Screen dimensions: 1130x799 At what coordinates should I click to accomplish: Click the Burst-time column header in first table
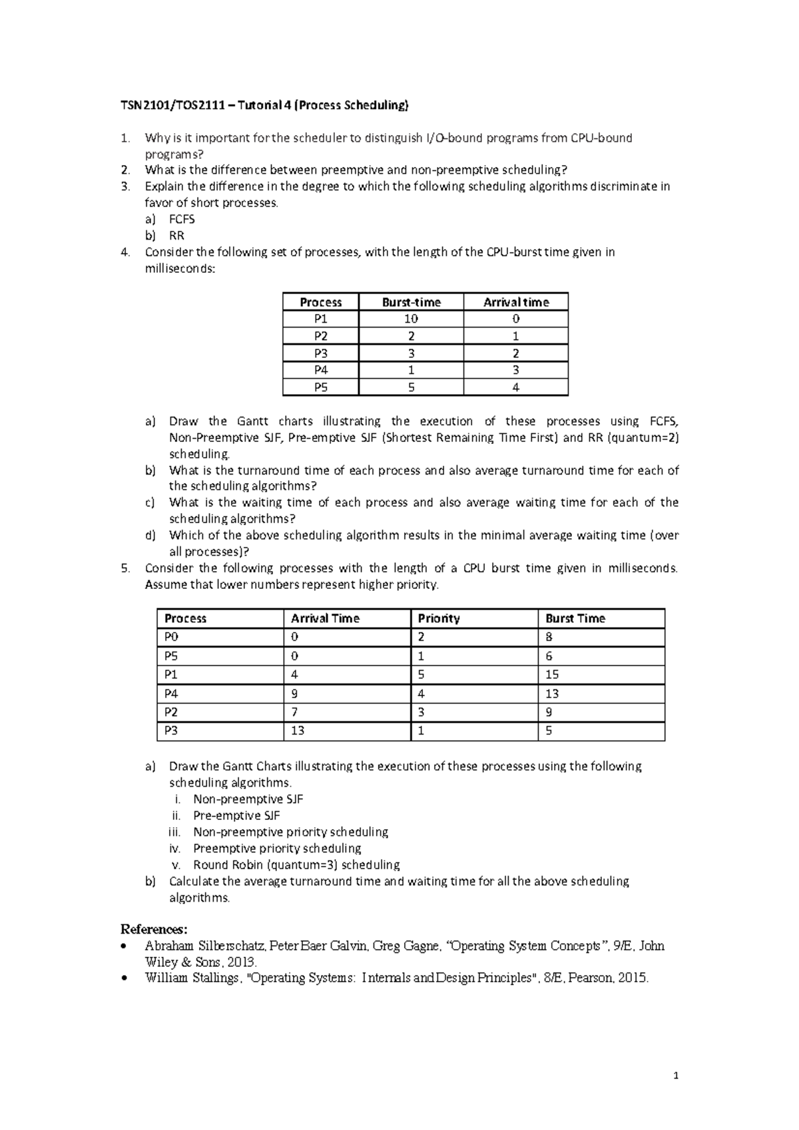[411, 302]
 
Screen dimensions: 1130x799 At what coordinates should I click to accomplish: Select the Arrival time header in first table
[516, 302]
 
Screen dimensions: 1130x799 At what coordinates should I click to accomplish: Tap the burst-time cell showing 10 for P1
[411, 319]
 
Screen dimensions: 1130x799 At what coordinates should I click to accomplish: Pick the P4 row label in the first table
[321, 370]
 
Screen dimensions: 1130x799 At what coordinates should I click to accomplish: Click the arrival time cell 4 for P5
[516, 387]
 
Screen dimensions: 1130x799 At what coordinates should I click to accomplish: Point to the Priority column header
[439, 618]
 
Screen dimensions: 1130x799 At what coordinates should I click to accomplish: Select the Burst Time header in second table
[575, 618]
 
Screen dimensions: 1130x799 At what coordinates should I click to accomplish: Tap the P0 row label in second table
[172, 637]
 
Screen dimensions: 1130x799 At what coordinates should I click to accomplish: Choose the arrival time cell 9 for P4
[294, 693]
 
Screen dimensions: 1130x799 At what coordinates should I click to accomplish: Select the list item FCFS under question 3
[182, 219]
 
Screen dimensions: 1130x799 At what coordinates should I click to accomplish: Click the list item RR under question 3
[176, 236]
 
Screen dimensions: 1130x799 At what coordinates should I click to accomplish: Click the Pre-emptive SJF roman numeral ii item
[236, 815]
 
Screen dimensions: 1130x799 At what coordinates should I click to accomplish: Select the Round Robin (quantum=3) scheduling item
[296, 864]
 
